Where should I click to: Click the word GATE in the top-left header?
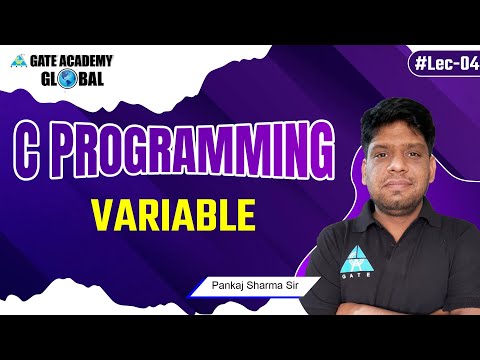point(47,61)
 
